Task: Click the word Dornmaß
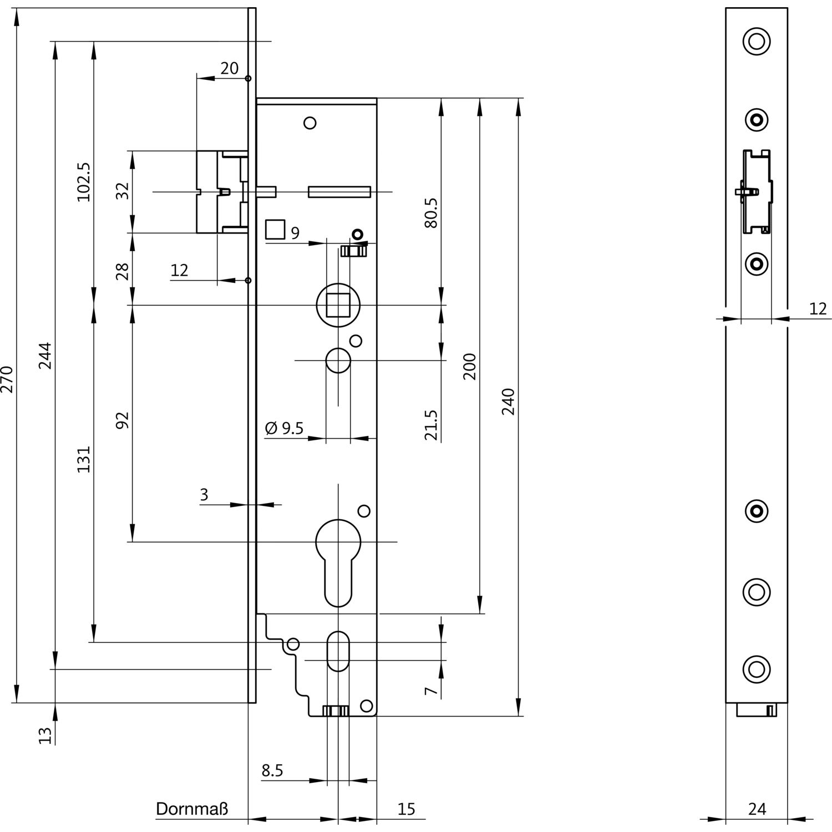tap(192, 809)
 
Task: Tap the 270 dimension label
tap(7, 379)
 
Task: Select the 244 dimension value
tap(45, 356)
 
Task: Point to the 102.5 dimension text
tap(84, 182)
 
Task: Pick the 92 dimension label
tap(123, 420)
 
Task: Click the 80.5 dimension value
tap(431, 213)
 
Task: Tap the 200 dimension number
tap(470, 366)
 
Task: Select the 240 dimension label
tap(509, 402)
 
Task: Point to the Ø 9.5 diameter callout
tap(285, 428)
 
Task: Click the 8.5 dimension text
tap(272, 770)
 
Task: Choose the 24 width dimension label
tap(757, 809)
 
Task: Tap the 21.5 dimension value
tap(431, 425)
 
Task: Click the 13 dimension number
tap(45, 735)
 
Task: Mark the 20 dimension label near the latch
tap(229, 68)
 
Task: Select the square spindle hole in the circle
tap(338, 305)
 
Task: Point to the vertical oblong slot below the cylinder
tap(338, 651)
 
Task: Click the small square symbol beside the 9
tap(275, 229)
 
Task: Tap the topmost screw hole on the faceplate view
tap(757, 41)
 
